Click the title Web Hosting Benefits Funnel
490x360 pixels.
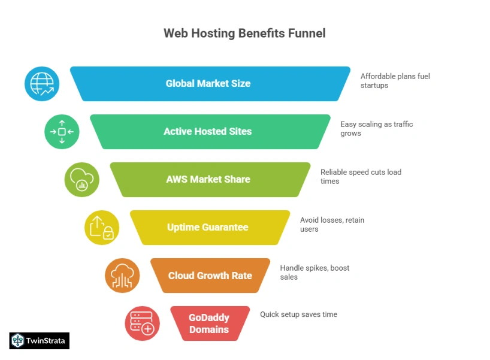(244, 34)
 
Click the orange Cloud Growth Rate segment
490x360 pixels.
(210, 276)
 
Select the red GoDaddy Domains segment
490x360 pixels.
(210, 323)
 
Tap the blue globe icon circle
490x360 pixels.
(42, 83)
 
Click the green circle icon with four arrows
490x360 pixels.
(62, 131)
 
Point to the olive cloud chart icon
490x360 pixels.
(81, 179)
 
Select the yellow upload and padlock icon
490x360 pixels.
(102, 228)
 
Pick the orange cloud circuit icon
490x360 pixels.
(122, 276)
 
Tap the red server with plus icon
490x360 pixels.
(142, 323)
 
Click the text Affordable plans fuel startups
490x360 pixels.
(395, 81)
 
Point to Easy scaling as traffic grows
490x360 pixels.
(376, 129)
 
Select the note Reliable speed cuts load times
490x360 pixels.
(361, 177)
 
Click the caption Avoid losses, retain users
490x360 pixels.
(332, 225)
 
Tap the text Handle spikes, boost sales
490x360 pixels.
(314, 273)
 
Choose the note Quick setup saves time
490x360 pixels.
(298, 314)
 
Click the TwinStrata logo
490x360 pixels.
(40, 341)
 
